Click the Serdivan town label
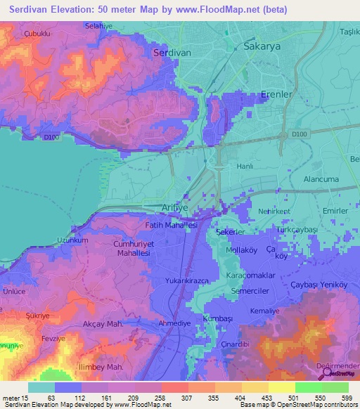[172, 53]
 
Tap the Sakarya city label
[262, 46]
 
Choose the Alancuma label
[321, 179]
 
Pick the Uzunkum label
[72, 240]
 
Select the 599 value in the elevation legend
[345, 397]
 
